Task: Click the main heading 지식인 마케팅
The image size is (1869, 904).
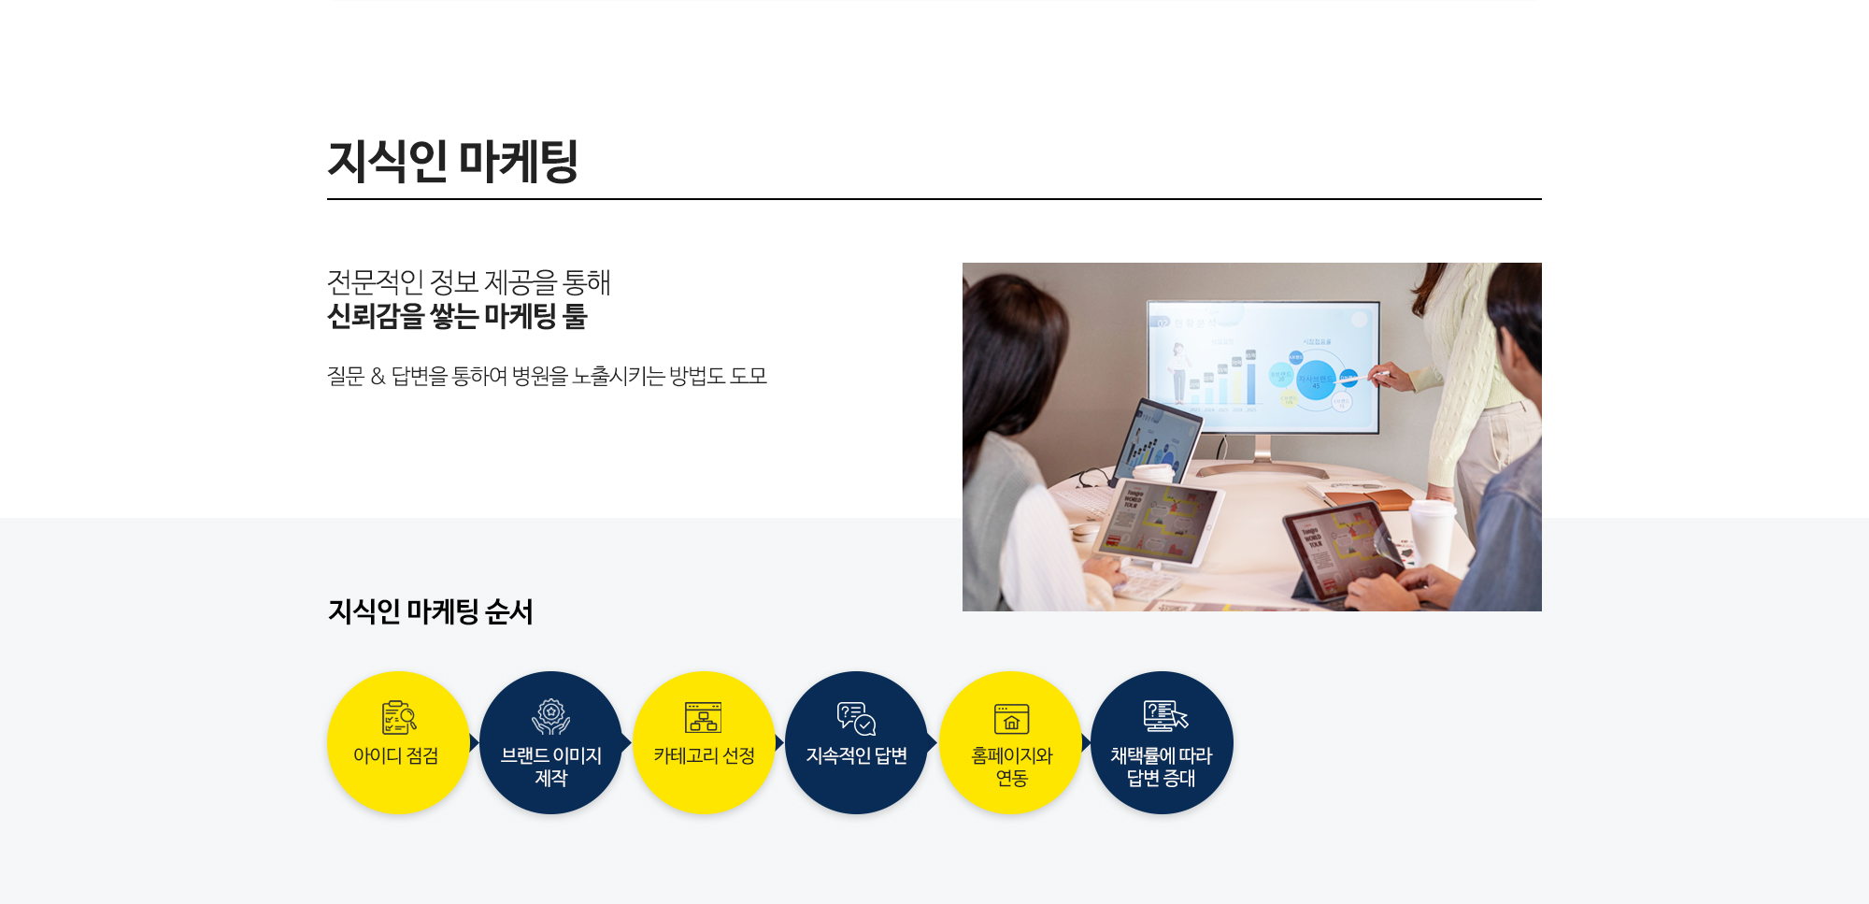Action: (453, 161)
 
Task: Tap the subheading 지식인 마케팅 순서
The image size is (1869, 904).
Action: (430, 611)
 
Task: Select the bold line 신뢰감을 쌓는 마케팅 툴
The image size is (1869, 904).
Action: (457, 316)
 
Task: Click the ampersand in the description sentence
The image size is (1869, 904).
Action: (378, 376)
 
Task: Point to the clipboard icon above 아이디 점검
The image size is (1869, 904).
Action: (399, 717)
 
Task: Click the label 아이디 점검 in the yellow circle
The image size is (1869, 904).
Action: (396, 755)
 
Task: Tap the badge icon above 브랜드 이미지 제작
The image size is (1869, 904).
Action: (551, 717)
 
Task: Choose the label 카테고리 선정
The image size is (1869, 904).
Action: (705, 755)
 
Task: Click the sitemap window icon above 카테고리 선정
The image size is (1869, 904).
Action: (703, 717)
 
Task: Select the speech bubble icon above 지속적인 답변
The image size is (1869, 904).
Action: (856, 719)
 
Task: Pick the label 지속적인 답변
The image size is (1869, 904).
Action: (857, 755)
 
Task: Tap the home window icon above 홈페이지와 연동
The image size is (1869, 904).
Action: (1011, 719)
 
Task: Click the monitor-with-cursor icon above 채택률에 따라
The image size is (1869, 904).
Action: (1165, 716)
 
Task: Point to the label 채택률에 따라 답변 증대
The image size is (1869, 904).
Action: (1162, 767)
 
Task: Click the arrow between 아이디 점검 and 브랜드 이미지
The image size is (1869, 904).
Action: (475, 742)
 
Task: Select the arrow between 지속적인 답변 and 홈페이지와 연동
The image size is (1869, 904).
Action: (933, 742)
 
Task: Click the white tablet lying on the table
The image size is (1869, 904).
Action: (1159, 524)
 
